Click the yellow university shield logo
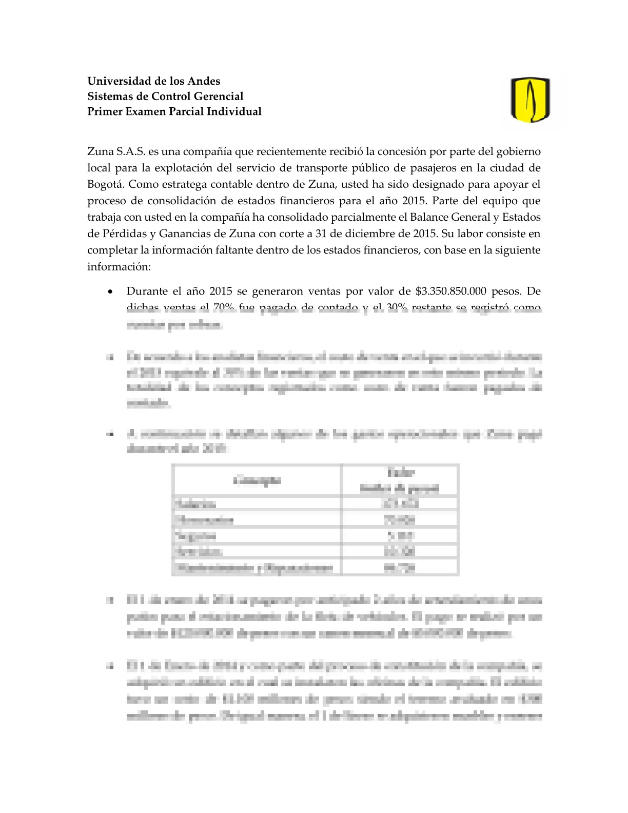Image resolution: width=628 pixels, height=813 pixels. click(530, 100)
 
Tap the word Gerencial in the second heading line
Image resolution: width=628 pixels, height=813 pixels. click(218, 96)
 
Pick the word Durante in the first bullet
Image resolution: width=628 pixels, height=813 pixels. click(146, 292)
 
